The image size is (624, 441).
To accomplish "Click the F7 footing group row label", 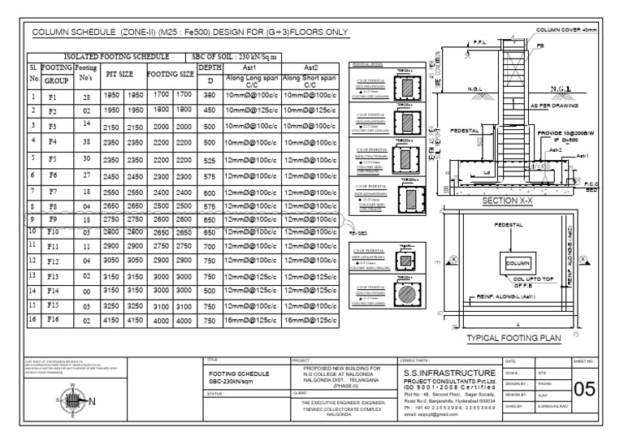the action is (52, 192).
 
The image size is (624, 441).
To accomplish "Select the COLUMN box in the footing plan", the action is (518, 264).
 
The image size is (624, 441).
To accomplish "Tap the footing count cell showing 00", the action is (85, 290).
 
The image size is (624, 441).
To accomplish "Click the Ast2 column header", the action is (310, 68).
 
